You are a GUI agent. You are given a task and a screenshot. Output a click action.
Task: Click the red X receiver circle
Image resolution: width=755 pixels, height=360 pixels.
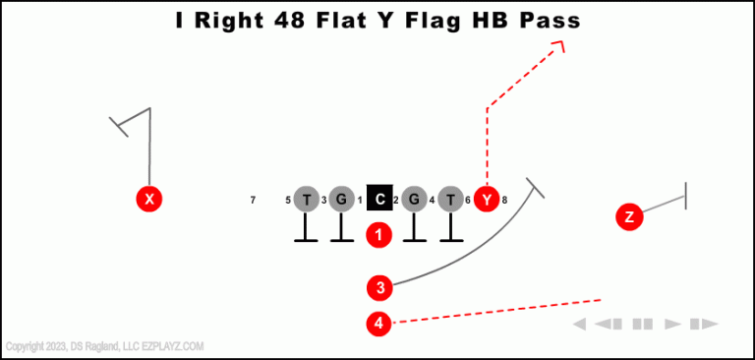pos(148,200)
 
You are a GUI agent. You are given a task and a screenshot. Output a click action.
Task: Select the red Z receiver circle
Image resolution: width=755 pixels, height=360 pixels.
pos(629,216)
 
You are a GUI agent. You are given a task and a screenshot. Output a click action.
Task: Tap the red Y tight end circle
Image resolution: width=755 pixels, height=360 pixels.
pos(487,200)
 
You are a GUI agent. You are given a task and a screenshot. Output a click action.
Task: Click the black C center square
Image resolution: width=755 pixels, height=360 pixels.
pos(379,200)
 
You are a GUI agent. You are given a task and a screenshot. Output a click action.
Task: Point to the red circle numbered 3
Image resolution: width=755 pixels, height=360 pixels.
pos(379,287)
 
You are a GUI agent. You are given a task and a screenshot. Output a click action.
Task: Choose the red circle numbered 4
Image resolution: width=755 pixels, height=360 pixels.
pos(379,322)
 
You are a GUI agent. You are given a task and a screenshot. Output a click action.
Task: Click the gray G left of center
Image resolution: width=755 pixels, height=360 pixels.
pos(341,200)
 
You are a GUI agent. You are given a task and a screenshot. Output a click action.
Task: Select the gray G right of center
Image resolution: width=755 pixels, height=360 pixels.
pos(414,200)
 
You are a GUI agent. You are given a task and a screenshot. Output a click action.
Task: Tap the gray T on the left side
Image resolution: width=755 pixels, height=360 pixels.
pos(307,200)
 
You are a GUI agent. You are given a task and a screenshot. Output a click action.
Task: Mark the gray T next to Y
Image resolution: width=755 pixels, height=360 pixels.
pos(450,200)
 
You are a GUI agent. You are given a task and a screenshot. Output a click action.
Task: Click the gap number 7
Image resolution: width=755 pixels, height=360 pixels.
pos(253,201)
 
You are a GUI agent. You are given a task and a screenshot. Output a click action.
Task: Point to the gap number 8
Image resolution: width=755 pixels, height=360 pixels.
pos(504,201)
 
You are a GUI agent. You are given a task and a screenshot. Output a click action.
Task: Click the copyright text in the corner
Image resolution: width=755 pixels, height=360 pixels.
pos(104,346)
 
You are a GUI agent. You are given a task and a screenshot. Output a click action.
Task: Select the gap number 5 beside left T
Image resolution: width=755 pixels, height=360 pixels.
pos(288,201)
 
